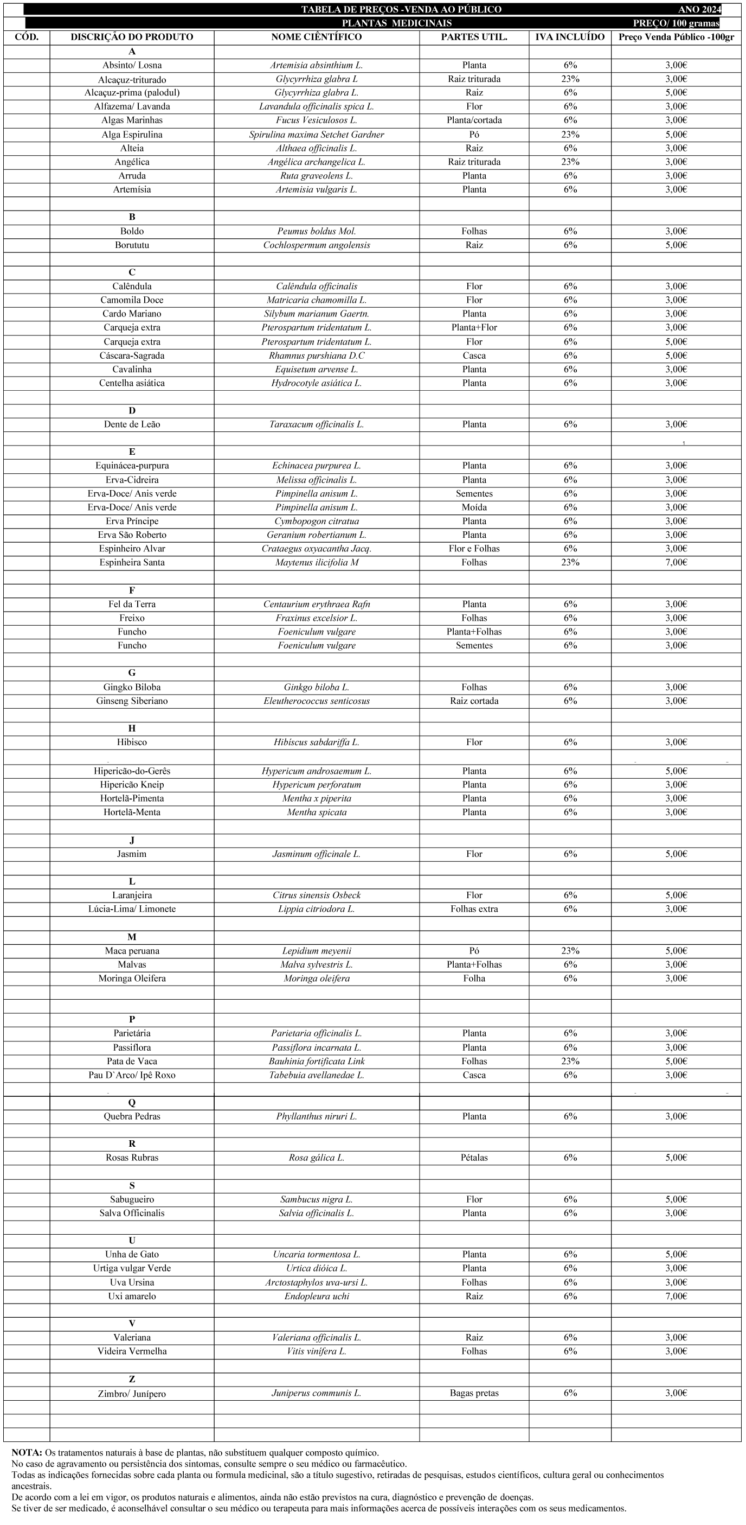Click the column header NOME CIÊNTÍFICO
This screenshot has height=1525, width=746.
pyautogui.click(x=317, y=37)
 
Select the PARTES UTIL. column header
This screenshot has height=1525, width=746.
pyautogui.click(x=474, y=37)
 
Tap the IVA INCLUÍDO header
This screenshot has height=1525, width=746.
pyautogui.click(x=570, y=37)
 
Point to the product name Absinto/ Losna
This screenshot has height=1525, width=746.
pyautogui.click(x=132, y=65)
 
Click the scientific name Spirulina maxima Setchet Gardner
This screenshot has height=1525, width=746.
pyautogui.click(x=317, y=135)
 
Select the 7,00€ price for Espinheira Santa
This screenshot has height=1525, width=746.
pyautogui.click(x=676, y=562)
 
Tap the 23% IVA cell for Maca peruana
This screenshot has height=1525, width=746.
pyautogui.click(x=570, y=951)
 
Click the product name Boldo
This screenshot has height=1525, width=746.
pyautogui.click(x=132, y=231)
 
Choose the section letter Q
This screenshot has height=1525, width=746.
pyautogui.click(x=132, y=1102)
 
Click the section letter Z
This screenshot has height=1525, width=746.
pyautogui.click(x=132, y=1379)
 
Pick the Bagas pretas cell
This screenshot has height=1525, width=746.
pyautogui.click(x=474, y=1393)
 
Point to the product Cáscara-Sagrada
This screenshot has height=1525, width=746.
pyautogui.click(x=132, y=356)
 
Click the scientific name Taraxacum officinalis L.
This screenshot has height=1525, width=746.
pyautogui.click(x=317, y=424)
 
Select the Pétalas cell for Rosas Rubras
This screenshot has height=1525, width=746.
pyautogui.click(x=474, y=1158)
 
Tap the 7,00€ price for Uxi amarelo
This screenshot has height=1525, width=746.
pyautogui.click(x=676, y=1296)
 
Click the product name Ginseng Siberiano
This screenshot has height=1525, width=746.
pyautogui.click(x=132, y=701)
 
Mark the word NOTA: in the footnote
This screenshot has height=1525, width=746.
pyautogui.click(x=26, y=1452)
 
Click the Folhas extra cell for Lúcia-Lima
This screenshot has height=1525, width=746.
pyautogui.click(x=474, y=908)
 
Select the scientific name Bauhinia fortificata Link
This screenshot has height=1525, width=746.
pyautogui.click(x=317, y=1062)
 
